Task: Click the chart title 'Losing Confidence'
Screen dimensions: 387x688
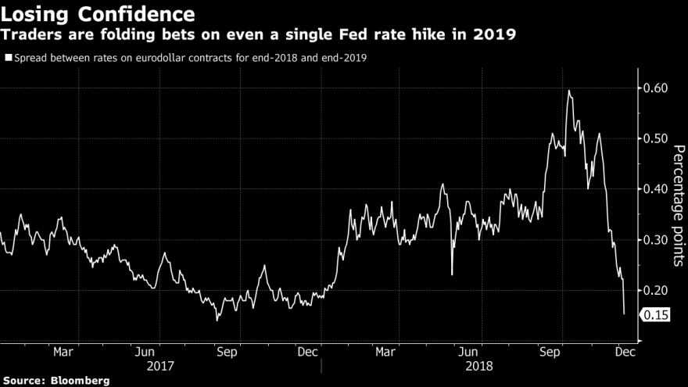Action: pos(99,14)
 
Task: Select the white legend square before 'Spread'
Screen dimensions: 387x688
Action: pos(8,57)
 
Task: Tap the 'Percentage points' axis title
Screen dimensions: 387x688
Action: pos(678,206)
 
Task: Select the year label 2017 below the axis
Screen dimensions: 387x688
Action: pos(159,365)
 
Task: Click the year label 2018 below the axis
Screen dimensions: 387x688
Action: pos(478,365)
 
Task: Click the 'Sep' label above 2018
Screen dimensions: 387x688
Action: pos(550,352)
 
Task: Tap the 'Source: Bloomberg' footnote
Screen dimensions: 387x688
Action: pos(55,380)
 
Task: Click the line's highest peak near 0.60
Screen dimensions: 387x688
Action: pos(568,91)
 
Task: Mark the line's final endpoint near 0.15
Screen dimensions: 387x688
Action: pos(624,314)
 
